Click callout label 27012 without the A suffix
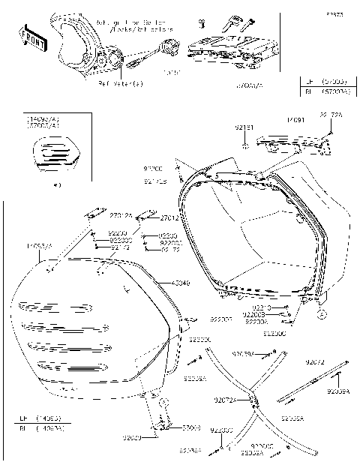(x=169, y=218)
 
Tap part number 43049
(x=181, y=283)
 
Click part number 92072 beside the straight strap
(x=316, y=361)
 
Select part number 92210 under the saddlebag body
(x=261, y=307)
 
